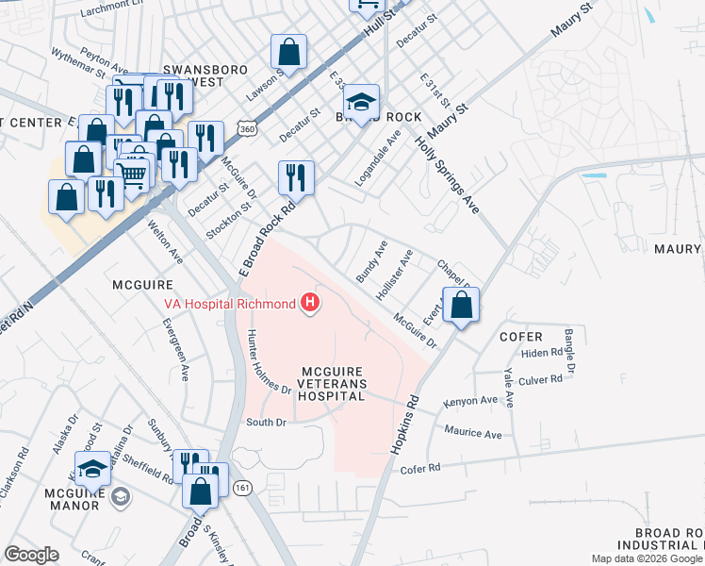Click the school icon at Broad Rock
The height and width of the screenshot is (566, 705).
pos(360,100)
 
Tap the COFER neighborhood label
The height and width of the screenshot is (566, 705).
pos(521,337)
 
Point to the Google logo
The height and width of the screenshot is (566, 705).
pos(32,555)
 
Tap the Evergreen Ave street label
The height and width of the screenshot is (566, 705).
pos(175,338)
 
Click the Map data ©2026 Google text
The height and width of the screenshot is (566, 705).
pos(648,558)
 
